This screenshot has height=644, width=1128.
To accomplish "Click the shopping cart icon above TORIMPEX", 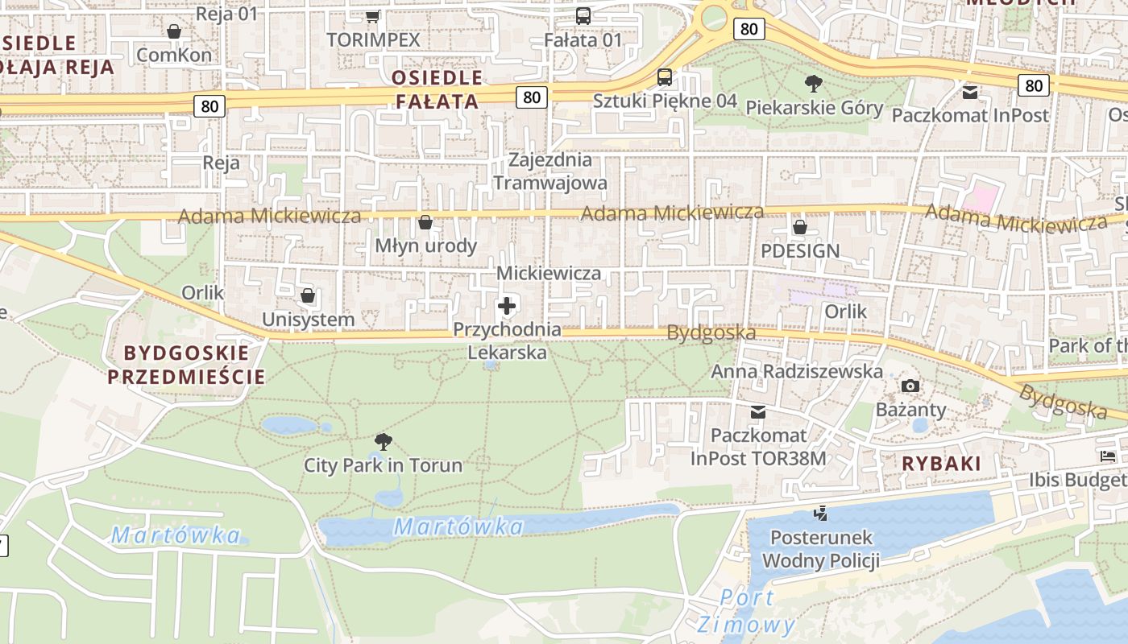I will (372, 16).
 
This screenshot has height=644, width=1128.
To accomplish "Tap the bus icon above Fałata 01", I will (583, 16).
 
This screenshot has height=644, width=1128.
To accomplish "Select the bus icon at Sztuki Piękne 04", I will (664, 77).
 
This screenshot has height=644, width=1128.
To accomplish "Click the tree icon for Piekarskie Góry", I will (814, 83).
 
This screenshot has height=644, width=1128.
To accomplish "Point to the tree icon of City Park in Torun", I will (384, 441).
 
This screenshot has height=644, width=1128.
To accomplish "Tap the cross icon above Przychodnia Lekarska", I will (507, 306).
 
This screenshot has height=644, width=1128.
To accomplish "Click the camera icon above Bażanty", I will (910, 386).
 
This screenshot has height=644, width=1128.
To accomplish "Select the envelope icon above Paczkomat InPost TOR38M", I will (758, 412).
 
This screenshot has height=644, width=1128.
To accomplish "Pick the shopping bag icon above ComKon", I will (174, 31).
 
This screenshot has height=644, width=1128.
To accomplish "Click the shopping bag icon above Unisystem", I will (308, 295).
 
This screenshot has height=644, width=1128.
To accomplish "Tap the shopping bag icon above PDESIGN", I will (800, 227).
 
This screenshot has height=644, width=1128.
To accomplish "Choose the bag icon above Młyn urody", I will (425, 222).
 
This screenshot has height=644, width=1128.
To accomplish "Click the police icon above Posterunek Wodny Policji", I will (821, 513).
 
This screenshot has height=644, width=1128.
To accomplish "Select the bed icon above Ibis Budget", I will (1108, 456).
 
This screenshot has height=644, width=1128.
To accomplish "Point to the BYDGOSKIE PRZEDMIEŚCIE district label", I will (186, 365).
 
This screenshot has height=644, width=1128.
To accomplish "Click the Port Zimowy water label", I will (747, 611).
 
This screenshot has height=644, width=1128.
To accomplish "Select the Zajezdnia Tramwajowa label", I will (550, 171).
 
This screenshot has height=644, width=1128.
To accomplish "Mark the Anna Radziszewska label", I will (796, 371).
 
